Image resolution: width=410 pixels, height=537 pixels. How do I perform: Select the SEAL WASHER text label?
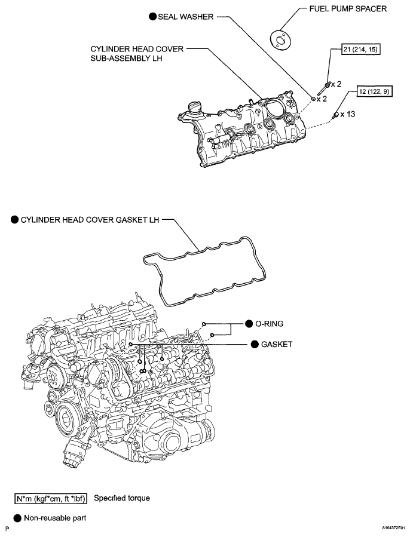coord(185,17)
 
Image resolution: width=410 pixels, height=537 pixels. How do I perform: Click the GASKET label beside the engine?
coord(276,345)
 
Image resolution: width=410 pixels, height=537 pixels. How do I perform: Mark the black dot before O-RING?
coord(249,323)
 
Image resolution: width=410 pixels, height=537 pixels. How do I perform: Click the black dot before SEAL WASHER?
coord(152,17)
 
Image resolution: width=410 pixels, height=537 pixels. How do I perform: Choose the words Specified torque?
coord(121,498)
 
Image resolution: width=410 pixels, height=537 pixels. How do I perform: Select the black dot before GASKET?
coord(255,345)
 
